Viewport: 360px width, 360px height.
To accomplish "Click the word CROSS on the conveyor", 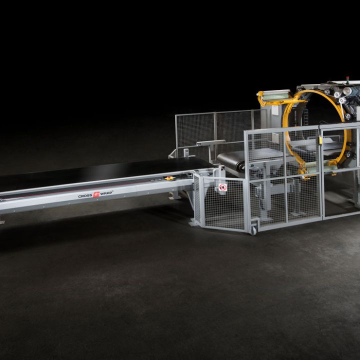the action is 85,196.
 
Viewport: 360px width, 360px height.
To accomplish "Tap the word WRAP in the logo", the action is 106,193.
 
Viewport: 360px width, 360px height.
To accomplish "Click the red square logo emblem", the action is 96,194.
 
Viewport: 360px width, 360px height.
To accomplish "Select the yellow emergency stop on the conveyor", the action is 169,178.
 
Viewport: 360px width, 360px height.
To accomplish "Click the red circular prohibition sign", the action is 222,187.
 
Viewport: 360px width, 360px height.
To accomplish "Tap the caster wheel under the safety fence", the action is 253,230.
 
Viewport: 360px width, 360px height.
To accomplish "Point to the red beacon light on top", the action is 347,78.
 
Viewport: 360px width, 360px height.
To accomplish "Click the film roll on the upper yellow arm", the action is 275,96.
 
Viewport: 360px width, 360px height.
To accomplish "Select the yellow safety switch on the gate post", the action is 320,140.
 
